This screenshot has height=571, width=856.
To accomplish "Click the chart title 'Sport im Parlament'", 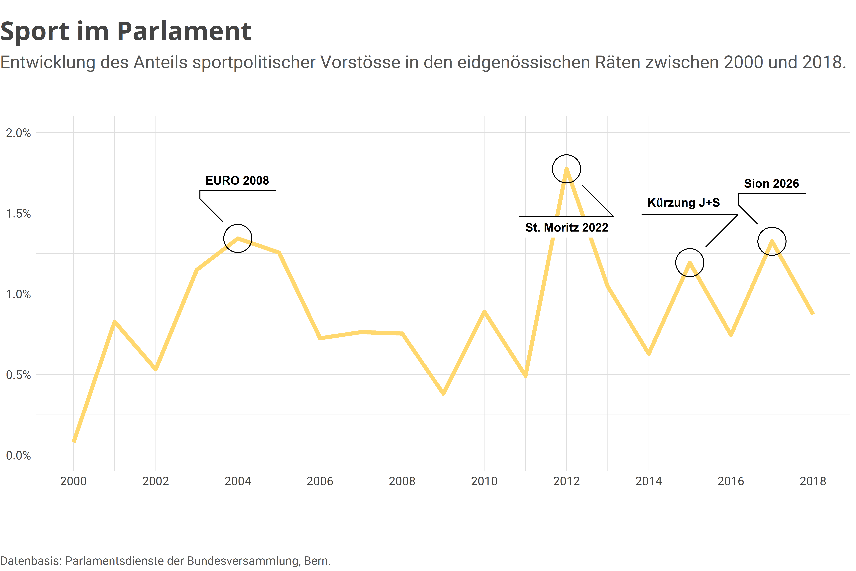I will pyautogui.click(x=126, y=31).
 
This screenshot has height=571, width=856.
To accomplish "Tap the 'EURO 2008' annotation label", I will pyautogui.click(x=237, y=181).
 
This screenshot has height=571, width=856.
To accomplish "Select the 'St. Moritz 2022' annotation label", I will pyautogui.click(x=567, y=228).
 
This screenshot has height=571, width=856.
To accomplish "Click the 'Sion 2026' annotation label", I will pyautogui.click(x=771, y=184).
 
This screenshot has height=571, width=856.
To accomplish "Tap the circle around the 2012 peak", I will pyautogui.click(x=566, y=169).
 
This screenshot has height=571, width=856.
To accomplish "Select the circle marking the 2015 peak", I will pyautogui.click(x=690, y=263).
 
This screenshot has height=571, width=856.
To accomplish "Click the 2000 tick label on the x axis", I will pyautogui.click(x=73, y=481).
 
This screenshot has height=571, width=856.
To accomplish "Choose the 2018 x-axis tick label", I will pyautogui.click(x=813, y=481).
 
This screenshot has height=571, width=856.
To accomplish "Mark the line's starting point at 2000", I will pyautogui.click(x=74, y=441).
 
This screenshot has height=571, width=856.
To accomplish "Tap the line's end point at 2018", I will pyautogui.click(x=813, y=313).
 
